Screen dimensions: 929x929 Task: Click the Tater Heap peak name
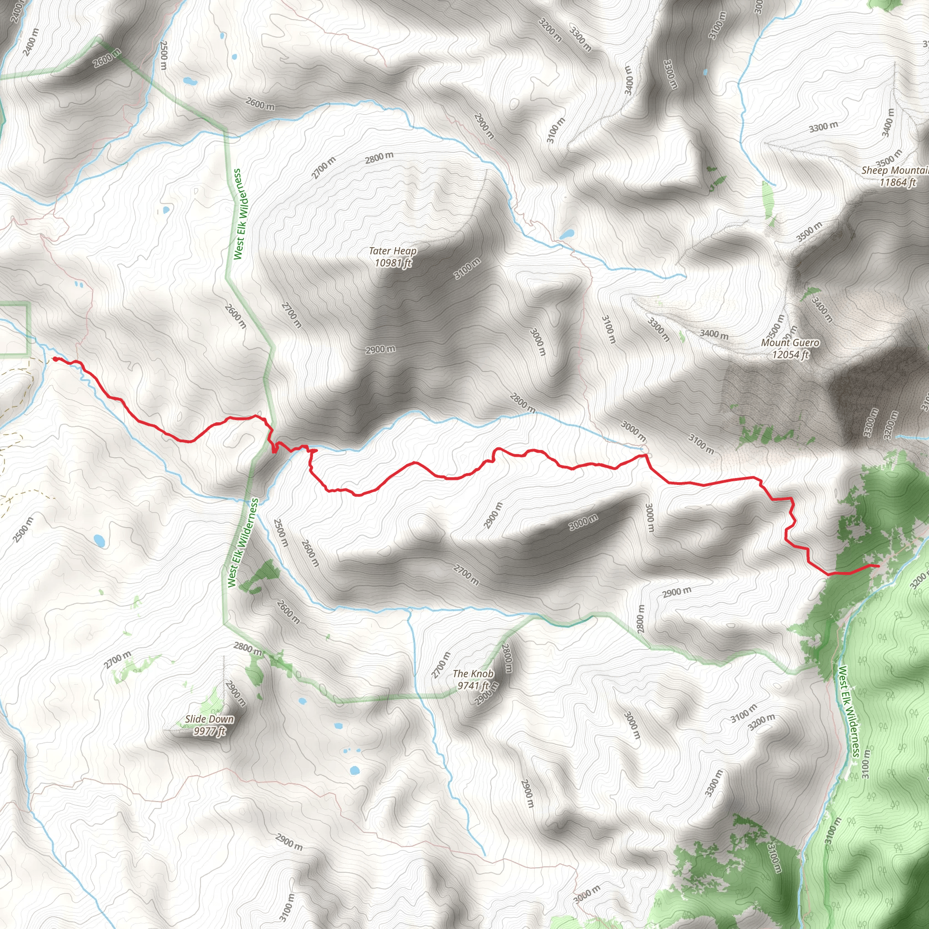pyautogui.click(x=392, y=250)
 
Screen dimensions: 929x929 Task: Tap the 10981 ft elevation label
pyautogui.click(x=393, y=263)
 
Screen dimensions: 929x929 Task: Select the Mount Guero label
pyautogui.click(x=790, y=342)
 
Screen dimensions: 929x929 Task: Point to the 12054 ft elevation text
pyautogui.click(x=790, y=354)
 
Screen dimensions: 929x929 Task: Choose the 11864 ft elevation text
pyautogui.click(x=897, y=182)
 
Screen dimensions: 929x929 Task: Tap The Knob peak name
pyautogui.click(x=473, y=674)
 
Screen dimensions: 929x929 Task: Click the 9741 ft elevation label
pyautogui.click(x=473, y=685)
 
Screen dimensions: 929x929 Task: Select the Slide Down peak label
pyautogui.click(x=210, y=719)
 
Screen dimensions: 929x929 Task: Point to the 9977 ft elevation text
pyautogui.click(x=209, y=731)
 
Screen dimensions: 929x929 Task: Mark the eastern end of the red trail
pyautogui.click(x=878, y=566)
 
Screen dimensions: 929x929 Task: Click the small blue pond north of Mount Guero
pyautogui.click(x=567, y=235)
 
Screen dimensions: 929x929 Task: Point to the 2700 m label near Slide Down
pyautogui.click(x=118, y=659)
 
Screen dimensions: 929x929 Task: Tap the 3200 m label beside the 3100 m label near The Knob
pyautogui.click(x=761, y=722)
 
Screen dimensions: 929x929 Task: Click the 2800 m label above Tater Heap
pyautogui.click(x=379, y=158)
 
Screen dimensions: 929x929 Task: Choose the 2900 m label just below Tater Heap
pyautogui.click(x=380, y=349)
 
